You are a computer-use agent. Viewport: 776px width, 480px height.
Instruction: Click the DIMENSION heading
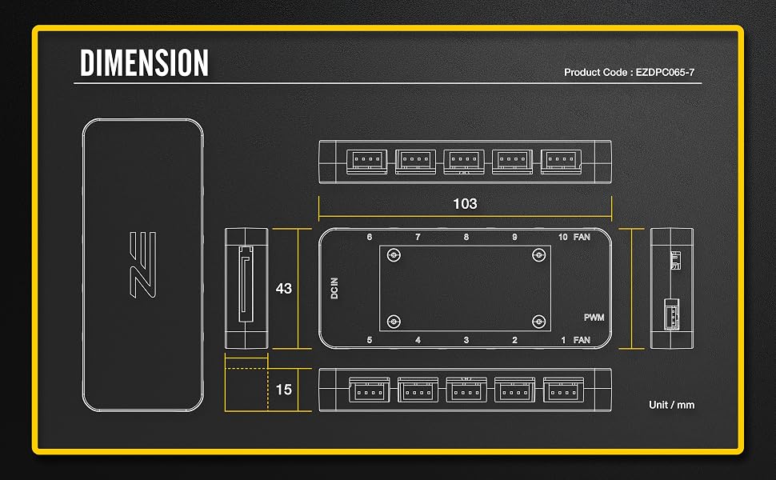(144, 63)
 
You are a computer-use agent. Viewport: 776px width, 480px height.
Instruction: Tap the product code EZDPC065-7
(665, 72)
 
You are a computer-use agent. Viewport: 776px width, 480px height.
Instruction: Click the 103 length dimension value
(466, 204)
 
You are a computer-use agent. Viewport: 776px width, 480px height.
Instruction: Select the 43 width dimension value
(283, 289)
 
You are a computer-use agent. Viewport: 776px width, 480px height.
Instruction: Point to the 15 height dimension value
(283, 390)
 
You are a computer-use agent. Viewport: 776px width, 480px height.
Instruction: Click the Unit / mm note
(671, 405)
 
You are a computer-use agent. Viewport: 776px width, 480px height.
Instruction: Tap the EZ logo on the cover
(143, 265)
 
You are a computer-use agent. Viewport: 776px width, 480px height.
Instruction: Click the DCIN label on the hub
(334, 288)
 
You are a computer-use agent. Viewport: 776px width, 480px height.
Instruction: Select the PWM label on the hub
(594, 317)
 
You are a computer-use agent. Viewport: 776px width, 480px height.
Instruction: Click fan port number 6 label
(369, 237)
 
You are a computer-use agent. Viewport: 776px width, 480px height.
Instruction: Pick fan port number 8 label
(466, 237)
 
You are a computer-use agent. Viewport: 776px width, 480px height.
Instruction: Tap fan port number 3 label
(466, 340)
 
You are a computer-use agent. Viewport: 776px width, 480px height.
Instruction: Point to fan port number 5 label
(369, 340)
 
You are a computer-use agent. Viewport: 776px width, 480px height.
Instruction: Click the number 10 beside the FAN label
(562, 237)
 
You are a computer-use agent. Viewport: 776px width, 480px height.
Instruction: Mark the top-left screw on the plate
(394, 255)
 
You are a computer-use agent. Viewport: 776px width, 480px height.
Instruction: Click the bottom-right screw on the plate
(538, 322)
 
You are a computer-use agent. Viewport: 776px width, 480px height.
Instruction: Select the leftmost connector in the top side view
(366, 162)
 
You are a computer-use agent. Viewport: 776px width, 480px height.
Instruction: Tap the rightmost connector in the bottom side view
(563, 390)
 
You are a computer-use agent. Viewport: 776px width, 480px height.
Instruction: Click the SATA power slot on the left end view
(246, 284)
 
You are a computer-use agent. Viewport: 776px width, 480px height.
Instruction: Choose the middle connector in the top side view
(464, 162)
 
